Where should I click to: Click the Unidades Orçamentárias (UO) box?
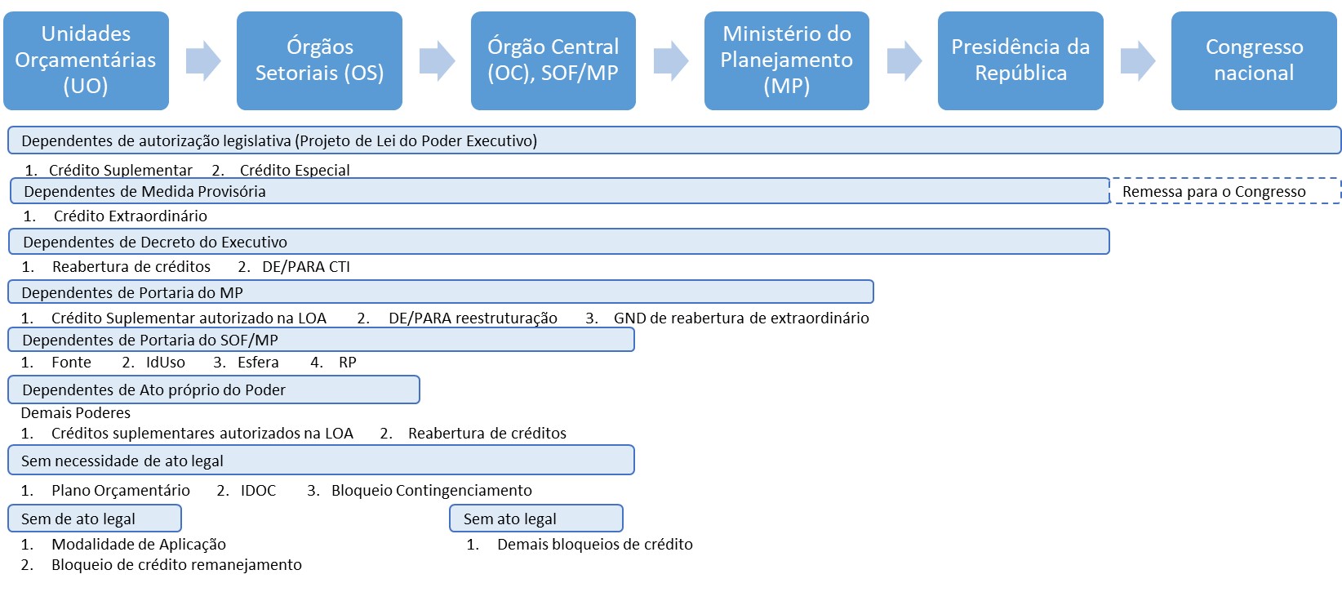click(x=86, y=60)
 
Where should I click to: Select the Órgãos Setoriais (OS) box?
click(x=319, y=60)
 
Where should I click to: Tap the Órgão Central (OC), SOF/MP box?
click(x=553, y=60)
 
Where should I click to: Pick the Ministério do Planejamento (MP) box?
click(x=786, y=60)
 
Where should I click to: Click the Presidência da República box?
click(x=1020, y=60)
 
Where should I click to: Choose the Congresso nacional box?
click(x=1254, y=60)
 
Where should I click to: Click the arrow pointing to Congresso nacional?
click(x=1138, y=60)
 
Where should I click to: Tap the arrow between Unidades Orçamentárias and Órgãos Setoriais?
click(x=203, y=60)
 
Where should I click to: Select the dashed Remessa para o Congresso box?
click(x=1224, y=191)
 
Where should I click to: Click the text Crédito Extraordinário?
click(x=130, y=216)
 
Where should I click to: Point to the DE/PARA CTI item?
click(x=305, y=267)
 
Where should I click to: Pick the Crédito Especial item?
click(x=294, y=171)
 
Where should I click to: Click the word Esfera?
click(x=258, y=363)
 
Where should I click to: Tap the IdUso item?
click(x=165, y=363)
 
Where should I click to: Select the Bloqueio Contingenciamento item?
click(x=431, y=491)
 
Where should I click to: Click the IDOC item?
click(x=258, y=491)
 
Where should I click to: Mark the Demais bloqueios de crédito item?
click(x=594, y=545)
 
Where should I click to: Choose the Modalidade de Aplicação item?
click(x=138, y=545)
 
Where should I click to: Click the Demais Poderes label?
click(x=75, y=413)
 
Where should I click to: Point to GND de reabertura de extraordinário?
click(x=740, y=318)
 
